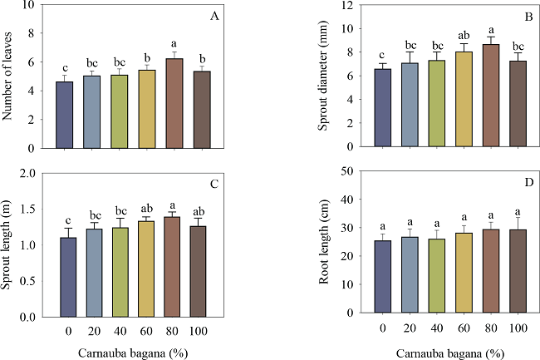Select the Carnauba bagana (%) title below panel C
click(130, 348)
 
